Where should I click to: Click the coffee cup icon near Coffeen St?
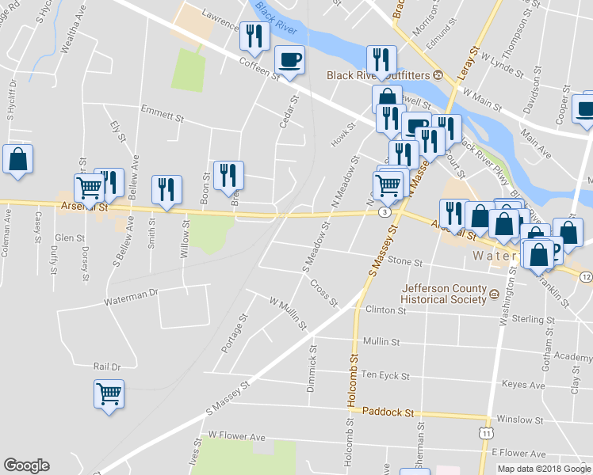click(289, 59)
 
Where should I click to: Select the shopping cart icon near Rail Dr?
click(109, 393)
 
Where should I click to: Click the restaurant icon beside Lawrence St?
click(253, 36)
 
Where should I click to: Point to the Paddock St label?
click(388, 412)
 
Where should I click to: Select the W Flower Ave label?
click(237, 436)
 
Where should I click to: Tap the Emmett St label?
click(162, 114)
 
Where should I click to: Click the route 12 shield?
click(585, 276)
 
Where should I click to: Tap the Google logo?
click(26, 465)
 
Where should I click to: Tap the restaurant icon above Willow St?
click(166, 189)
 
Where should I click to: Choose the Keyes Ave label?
click(524, 385)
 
